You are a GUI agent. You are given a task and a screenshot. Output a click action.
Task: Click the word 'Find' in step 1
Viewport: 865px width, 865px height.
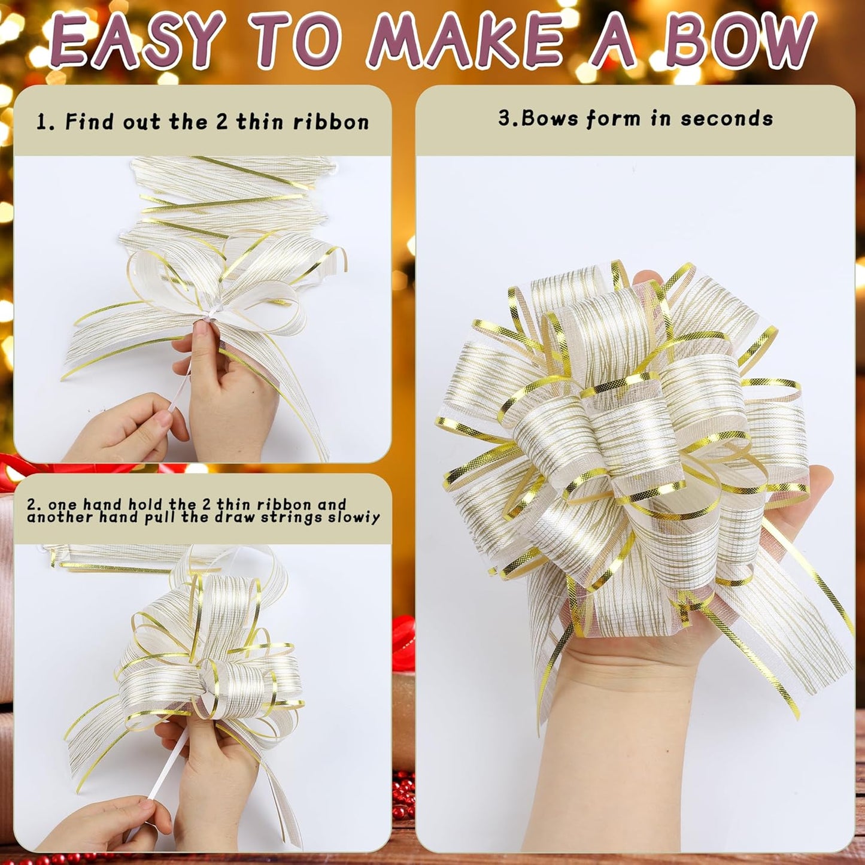(89, 122)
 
